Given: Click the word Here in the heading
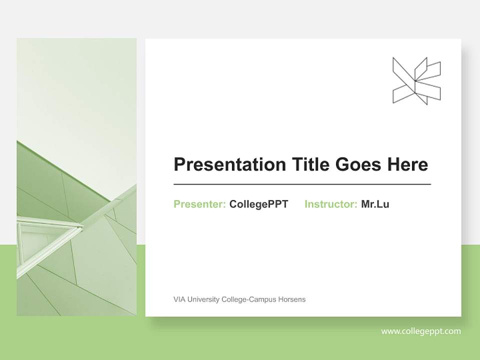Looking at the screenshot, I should point(408,164).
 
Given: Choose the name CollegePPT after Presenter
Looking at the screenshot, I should point(258,204).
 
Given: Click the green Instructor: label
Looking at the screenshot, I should point(330,204).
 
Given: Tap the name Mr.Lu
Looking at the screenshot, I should point(375,204).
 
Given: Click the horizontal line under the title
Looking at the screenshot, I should point(302,184).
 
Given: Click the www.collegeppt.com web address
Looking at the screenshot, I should point(421,331).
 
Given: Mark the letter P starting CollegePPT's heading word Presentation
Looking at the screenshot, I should point(178,164).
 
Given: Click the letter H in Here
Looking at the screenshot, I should point(394,164).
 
